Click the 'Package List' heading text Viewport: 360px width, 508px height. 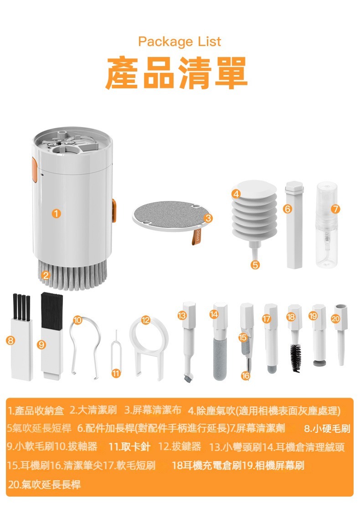[x=180, y=42]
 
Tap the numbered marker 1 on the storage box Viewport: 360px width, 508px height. [x=56, y=213]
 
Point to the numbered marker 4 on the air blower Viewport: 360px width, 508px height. [x=236, y=194]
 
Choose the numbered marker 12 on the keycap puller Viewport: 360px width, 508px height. [x=146, y=320]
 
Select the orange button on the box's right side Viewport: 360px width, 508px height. [x=114, y=211]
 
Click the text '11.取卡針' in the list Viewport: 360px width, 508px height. [x=129, y=447]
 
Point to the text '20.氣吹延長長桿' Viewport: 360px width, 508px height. [x=44, y=485]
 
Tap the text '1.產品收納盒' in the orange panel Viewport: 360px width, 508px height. [x=36, y=411]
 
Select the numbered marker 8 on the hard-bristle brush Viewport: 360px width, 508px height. [x=10, y=340]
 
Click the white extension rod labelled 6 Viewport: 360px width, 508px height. [x=294, y=225]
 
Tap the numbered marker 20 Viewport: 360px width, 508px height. [x=335, y=319]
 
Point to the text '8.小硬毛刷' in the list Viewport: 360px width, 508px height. [x=327, y=429]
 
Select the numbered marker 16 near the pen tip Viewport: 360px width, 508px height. [x=245, y=375]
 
